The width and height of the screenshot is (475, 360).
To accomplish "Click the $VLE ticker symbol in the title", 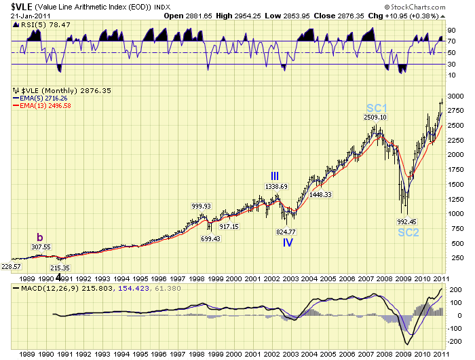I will [x=16, y=8].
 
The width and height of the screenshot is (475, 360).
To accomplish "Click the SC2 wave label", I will [x=409, y=232].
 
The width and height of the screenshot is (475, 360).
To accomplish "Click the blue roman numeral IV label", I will [x=288, y=242].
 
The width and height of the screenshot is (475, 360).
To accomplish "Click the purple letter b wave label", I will [x=40, y=238].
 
